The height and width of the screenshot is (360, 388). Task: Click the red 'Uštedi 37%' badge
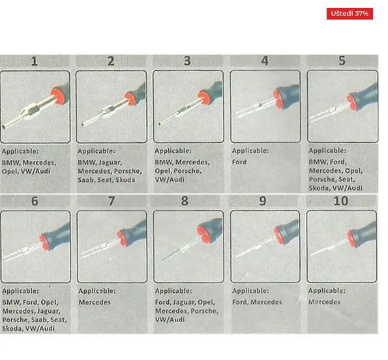coord(350,13)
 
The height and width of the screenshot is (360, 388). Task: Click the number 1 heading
coord(35,61)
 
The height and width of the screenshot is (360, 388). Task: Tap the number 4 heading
coord(265,61)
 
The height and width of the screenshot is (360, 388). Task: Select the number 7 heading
coord(112,201)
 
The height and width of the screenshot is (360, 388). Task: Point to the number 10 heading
coord(341,201)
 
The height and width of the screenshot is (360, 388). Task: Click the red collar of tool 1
coord(59,95)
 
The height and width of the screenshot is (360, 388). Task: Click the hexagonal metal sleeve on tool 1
coord(31,111)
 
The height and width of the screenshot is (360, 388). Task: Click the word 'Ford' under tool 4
coord(239,162)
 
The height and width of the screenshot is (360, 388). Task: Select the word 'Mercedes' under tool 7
coord(95,302)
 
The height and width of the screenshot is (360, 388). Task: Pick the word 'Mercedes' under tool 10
coord(324,302)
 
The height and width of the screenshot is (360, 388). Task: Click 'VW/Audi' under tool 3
coord(170,179)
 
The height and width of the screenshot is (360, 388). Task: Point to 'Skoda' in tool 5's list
coord(319,188)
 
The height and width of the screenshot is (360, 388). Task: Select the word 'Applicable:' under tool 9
coord(250,291)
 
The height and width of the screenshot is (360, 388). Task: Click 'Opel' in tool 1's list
coord(9,172)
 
